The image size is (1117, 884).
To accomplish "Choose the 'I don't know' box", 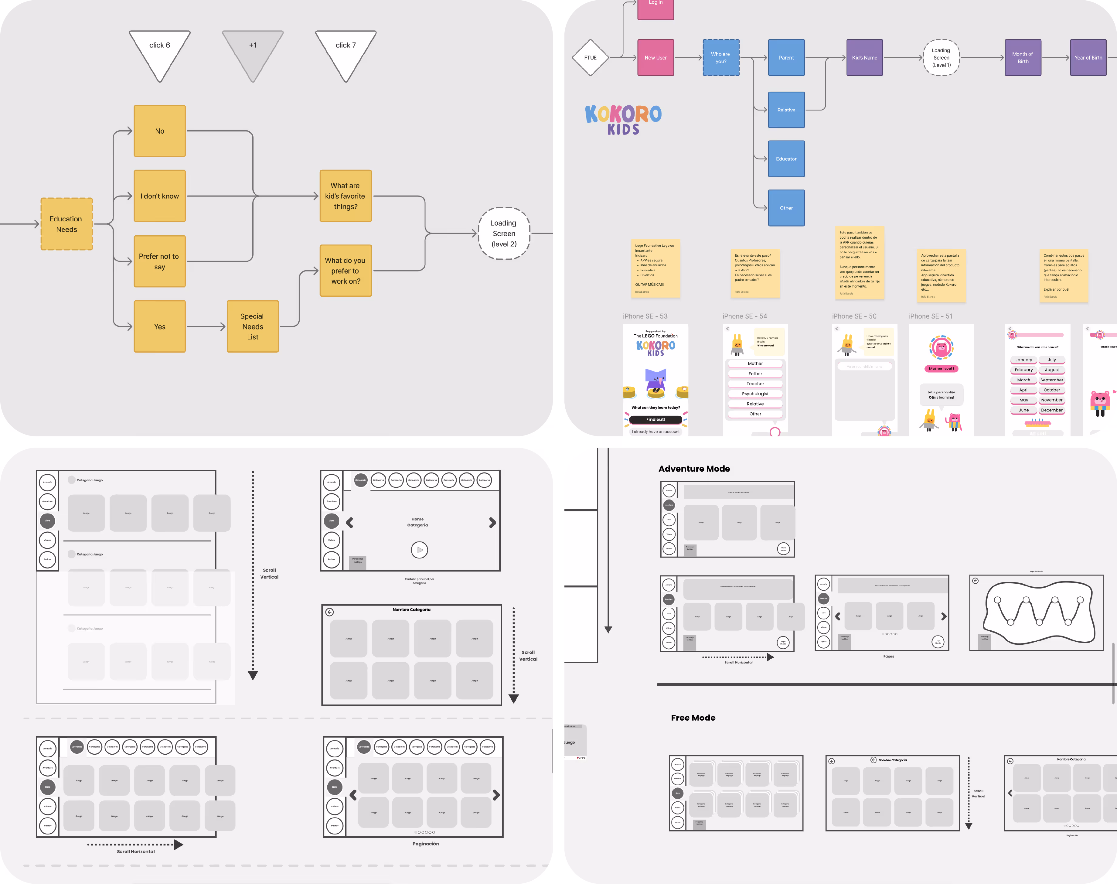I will tap(159, 196).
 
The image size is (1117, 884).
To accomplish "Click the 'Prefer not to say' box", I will tap(159, 261).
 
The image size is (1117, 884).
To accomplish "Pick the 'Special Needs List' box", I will tap(253, 326).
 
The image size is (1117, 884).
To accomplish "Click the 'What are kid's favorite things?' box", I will tap(346, 196).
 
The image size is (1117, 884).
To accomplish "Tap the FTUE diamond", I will tap(590, 57).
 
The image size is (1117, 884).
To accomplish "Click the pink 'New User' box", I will tap(656, 57).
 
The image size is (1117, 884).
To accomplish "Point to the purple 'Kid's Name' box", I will tap(864, 57).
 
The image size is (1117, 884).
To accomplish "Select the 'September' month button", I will tap(1052, 380).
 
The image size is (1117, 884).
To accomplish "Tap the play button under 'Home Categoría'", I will tap(419, 550).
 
